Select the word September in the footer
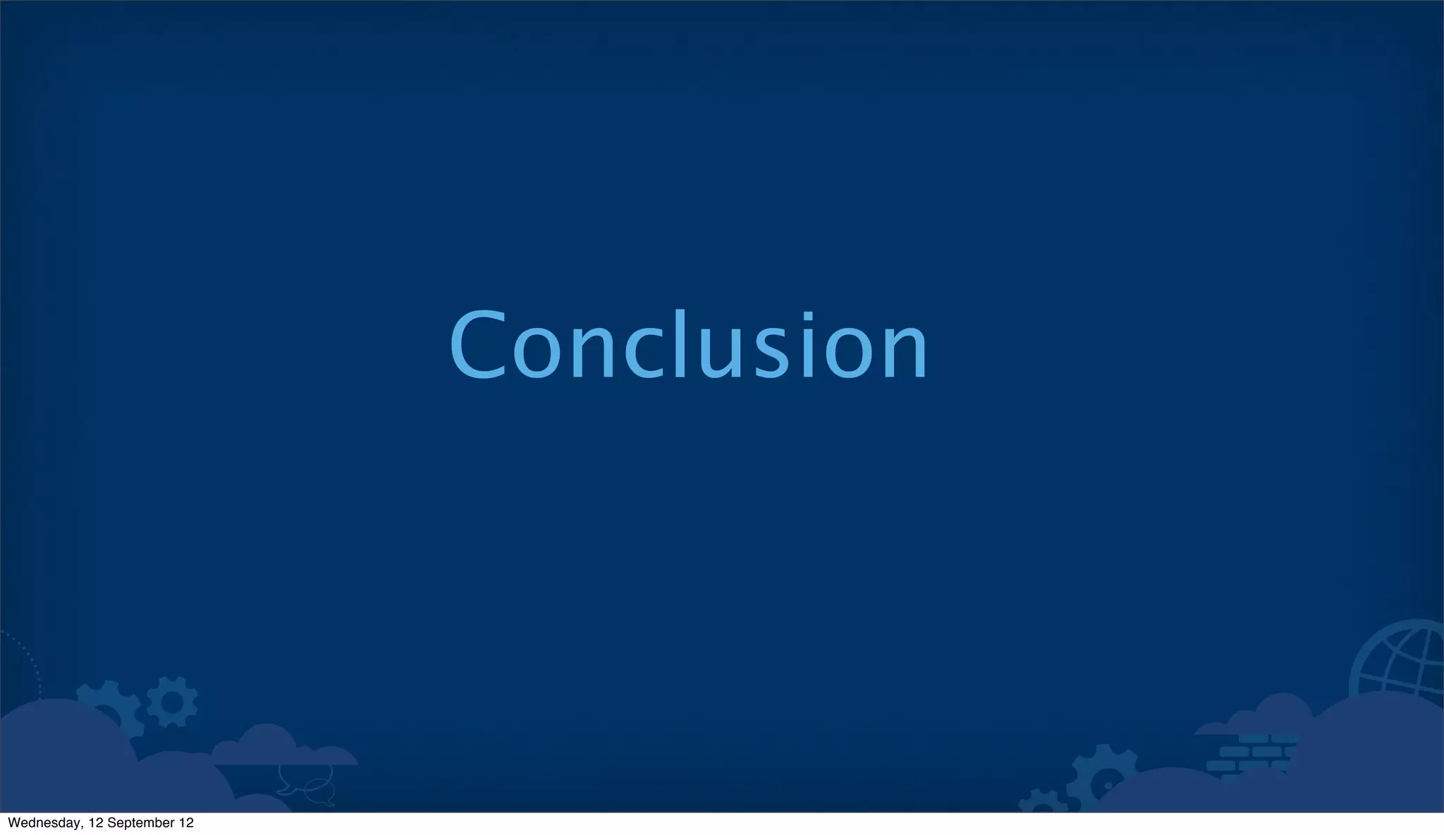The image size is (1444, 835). tap(138, 823)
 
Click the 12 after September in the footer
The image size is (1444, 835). tap(186, 823)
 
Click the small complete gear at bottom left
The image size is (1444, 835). tap(171, 702)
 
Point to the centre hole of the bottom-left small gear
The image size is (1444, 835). tap(171, 702)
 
